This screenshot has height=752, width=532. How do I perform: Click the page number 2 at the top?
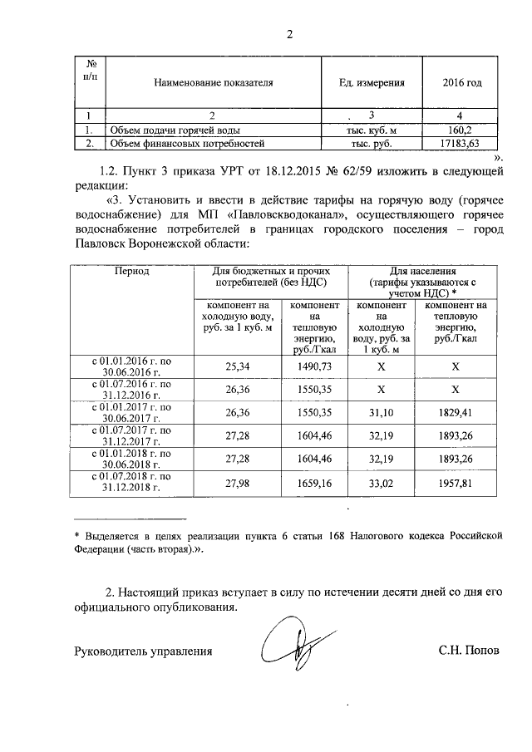[288, 34]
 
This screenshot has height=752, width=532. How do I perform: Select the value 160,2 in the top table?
[459, 130]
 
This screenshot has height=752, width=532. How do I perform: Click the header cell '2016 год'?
[462, 83]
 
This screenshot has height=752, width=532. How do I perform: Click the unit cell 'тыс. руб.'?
[372, 144]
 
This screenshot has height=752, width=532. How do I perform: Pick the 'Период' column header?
[131, 271]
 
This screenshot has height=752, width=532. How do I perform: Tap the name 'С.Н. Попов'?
[470, 651]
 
